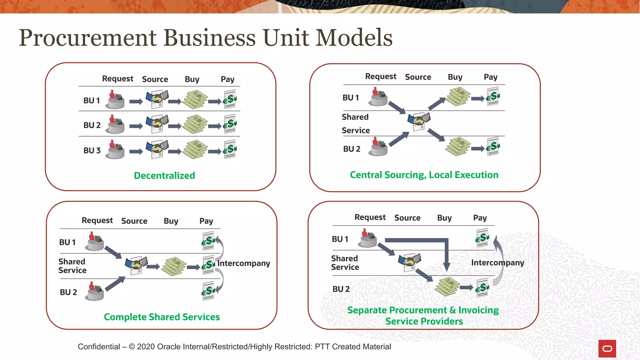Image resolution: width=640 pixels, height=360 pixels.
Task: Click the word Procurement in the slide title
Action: point(87,38)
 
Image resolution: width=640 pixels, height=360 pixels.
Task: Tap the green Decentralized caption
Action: point(164,176)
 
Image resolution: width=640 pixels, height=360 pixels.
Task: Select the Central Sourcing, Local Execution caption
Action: point(424,175)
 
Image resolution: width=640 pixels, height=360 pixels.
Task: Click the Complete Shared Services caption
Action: point(162,317)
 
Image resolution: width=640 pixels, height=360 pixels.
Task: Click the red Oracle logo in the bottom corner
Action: point(607,348)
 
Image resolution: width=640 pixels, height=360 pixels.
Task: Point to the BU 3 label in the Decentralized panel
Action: point(92,150)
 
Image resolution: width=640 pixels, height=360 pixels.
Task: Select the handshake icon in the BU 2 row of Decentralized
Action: point(157,124)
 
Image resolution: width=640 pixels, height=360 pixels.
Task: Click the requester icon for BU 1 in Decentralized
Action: point(115,100)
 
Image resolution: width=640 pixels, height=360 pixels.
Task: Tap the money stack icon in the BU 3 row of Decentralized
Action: point(195,149)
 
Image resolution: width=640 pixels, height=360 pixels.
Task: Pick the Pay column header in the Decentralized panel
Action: point(227,79)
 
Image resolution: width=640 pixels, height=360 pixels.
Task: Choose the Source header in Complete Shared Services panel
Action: point(134,221)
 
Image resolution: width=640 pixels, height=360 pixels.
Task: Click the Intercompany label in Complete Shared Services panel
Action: point(244,263)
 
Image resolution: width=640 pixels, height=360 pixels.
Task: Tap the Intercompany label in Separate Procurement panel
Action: point(497,262)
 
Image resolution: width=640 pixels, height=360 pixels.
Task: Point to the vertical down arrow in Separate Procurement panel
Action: point(447,256)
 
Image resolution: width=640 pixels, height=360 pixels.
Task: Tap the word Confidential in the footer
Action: point(99,347)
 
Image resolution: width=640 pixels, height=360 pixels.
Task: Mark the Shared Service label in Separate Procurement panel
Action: point(345,263)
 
